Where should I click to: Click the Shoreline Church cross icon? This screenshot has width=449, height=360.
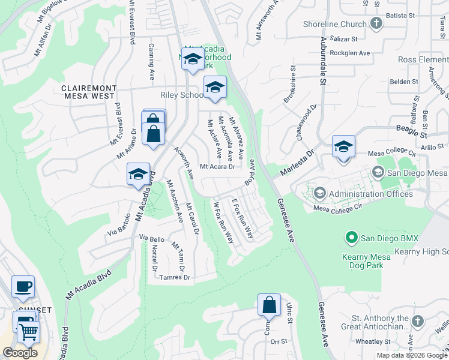(376, 24)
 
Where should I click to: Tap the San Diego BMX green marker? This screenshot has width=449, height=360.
(352, 238)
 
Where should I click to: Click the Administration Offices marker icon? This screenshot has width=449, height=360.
(319, 193)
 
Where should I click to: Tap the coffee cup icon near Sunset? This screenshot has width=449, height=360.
(23, 286)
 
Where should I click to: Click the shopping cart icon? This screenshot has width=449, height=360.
(28, 331)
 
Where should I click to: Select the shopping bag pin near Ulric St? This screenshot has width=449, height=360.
(270, 305)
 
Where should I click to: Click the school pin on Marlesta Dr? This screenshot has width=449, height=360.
(343, 147)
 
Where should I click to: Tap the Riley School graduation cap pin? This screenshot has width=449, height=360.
(215, 88)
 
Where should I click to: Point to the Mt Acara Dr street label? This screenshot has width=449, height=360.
(217, 167)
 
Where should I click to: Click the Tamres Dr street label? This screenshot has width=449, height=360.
(175, 277)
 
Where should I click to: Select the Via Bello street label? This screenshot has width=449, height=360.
(152, 239)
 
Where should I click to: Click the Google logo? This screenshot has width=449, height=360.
(20, 352)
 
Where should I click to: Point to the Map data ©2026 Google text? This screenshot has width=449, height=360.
(411, 355)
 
